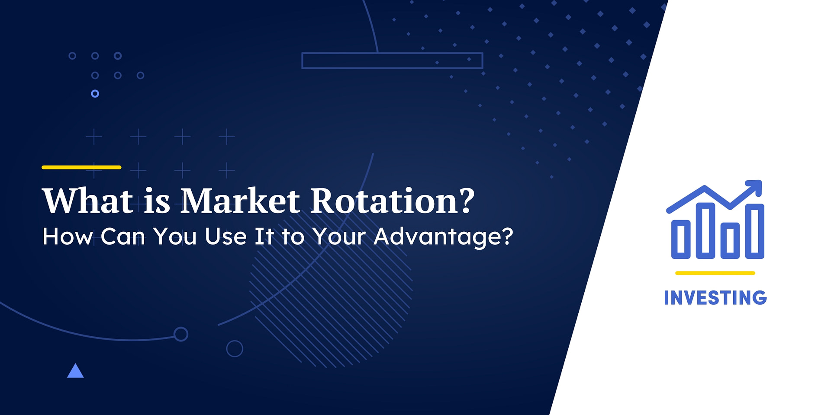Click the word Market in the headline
240,201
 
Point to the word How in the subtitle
68,237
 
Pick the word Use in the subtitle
225,237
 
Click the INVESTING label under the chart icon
715,298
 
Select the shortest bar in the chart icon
680,239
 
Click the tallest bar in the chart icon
705,231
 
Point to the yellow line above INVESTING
715,273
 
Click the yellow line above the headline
81,167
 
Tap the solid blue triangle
75,371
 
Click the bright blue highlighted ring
95,94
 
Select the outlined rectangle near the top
392,61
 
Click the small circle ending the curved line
180,334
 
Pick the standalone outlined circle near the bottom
235,348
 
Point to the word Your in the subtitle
339,237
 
